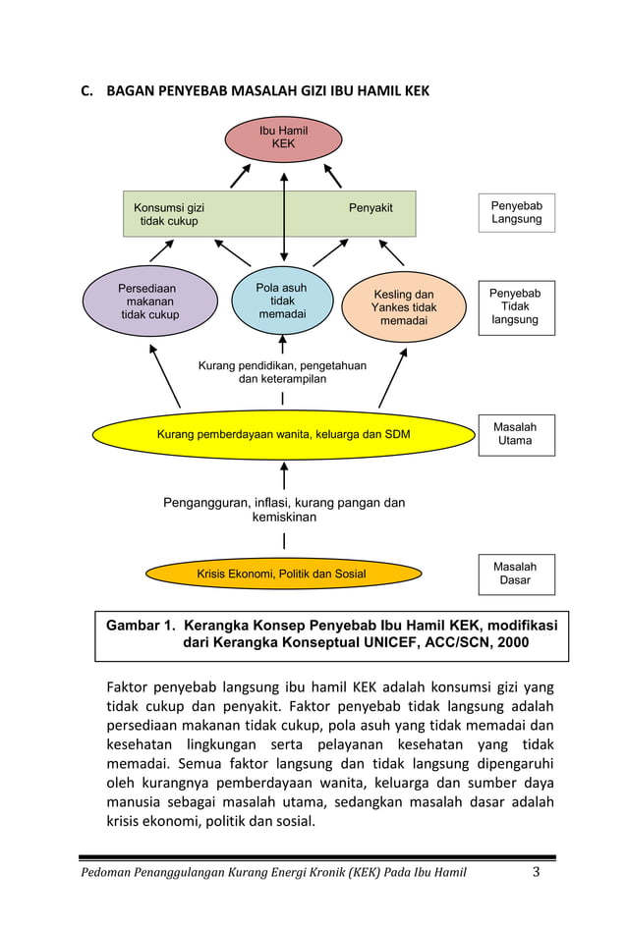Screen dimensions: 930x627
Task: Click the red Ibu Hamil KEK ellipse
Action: tap(283, 138)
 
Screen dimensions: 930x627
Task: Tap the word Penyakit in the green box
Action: tap(370, 208)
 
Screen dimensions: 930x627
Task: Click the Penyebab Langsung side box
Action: tap(516, 212)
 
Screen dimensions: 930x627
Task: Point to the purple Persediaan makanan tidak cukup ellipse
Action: tap(149, 302)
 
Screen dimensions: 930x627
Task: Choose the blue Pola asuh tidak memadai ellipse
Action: tap(282, 301)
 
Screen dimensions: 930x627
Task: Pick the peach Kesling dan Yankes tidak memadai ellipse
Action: tap(403, 307)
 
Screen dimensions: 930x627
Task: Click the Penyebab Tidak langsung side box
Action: tap(516, 307)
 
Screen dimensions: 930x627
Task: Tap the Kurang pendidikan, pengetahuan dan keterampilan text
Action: tap(282, 372)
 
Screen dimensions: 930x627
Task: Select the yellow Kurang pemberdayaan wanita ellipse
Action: tap(283, 434)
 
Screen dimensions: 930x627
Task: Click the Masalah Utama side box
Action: tap(516, 434)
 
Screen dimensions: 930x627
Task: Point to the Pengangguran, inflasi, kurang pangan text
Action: tap(283, 510)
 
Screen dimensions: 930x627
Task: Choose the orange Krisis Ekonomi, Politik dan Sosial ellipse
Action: tap(283, 574)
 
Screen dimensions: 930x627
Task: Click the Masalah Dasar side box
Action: tap(516, 574)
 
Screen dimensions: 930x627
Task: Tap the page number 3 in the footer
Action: tap(537, 872)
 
